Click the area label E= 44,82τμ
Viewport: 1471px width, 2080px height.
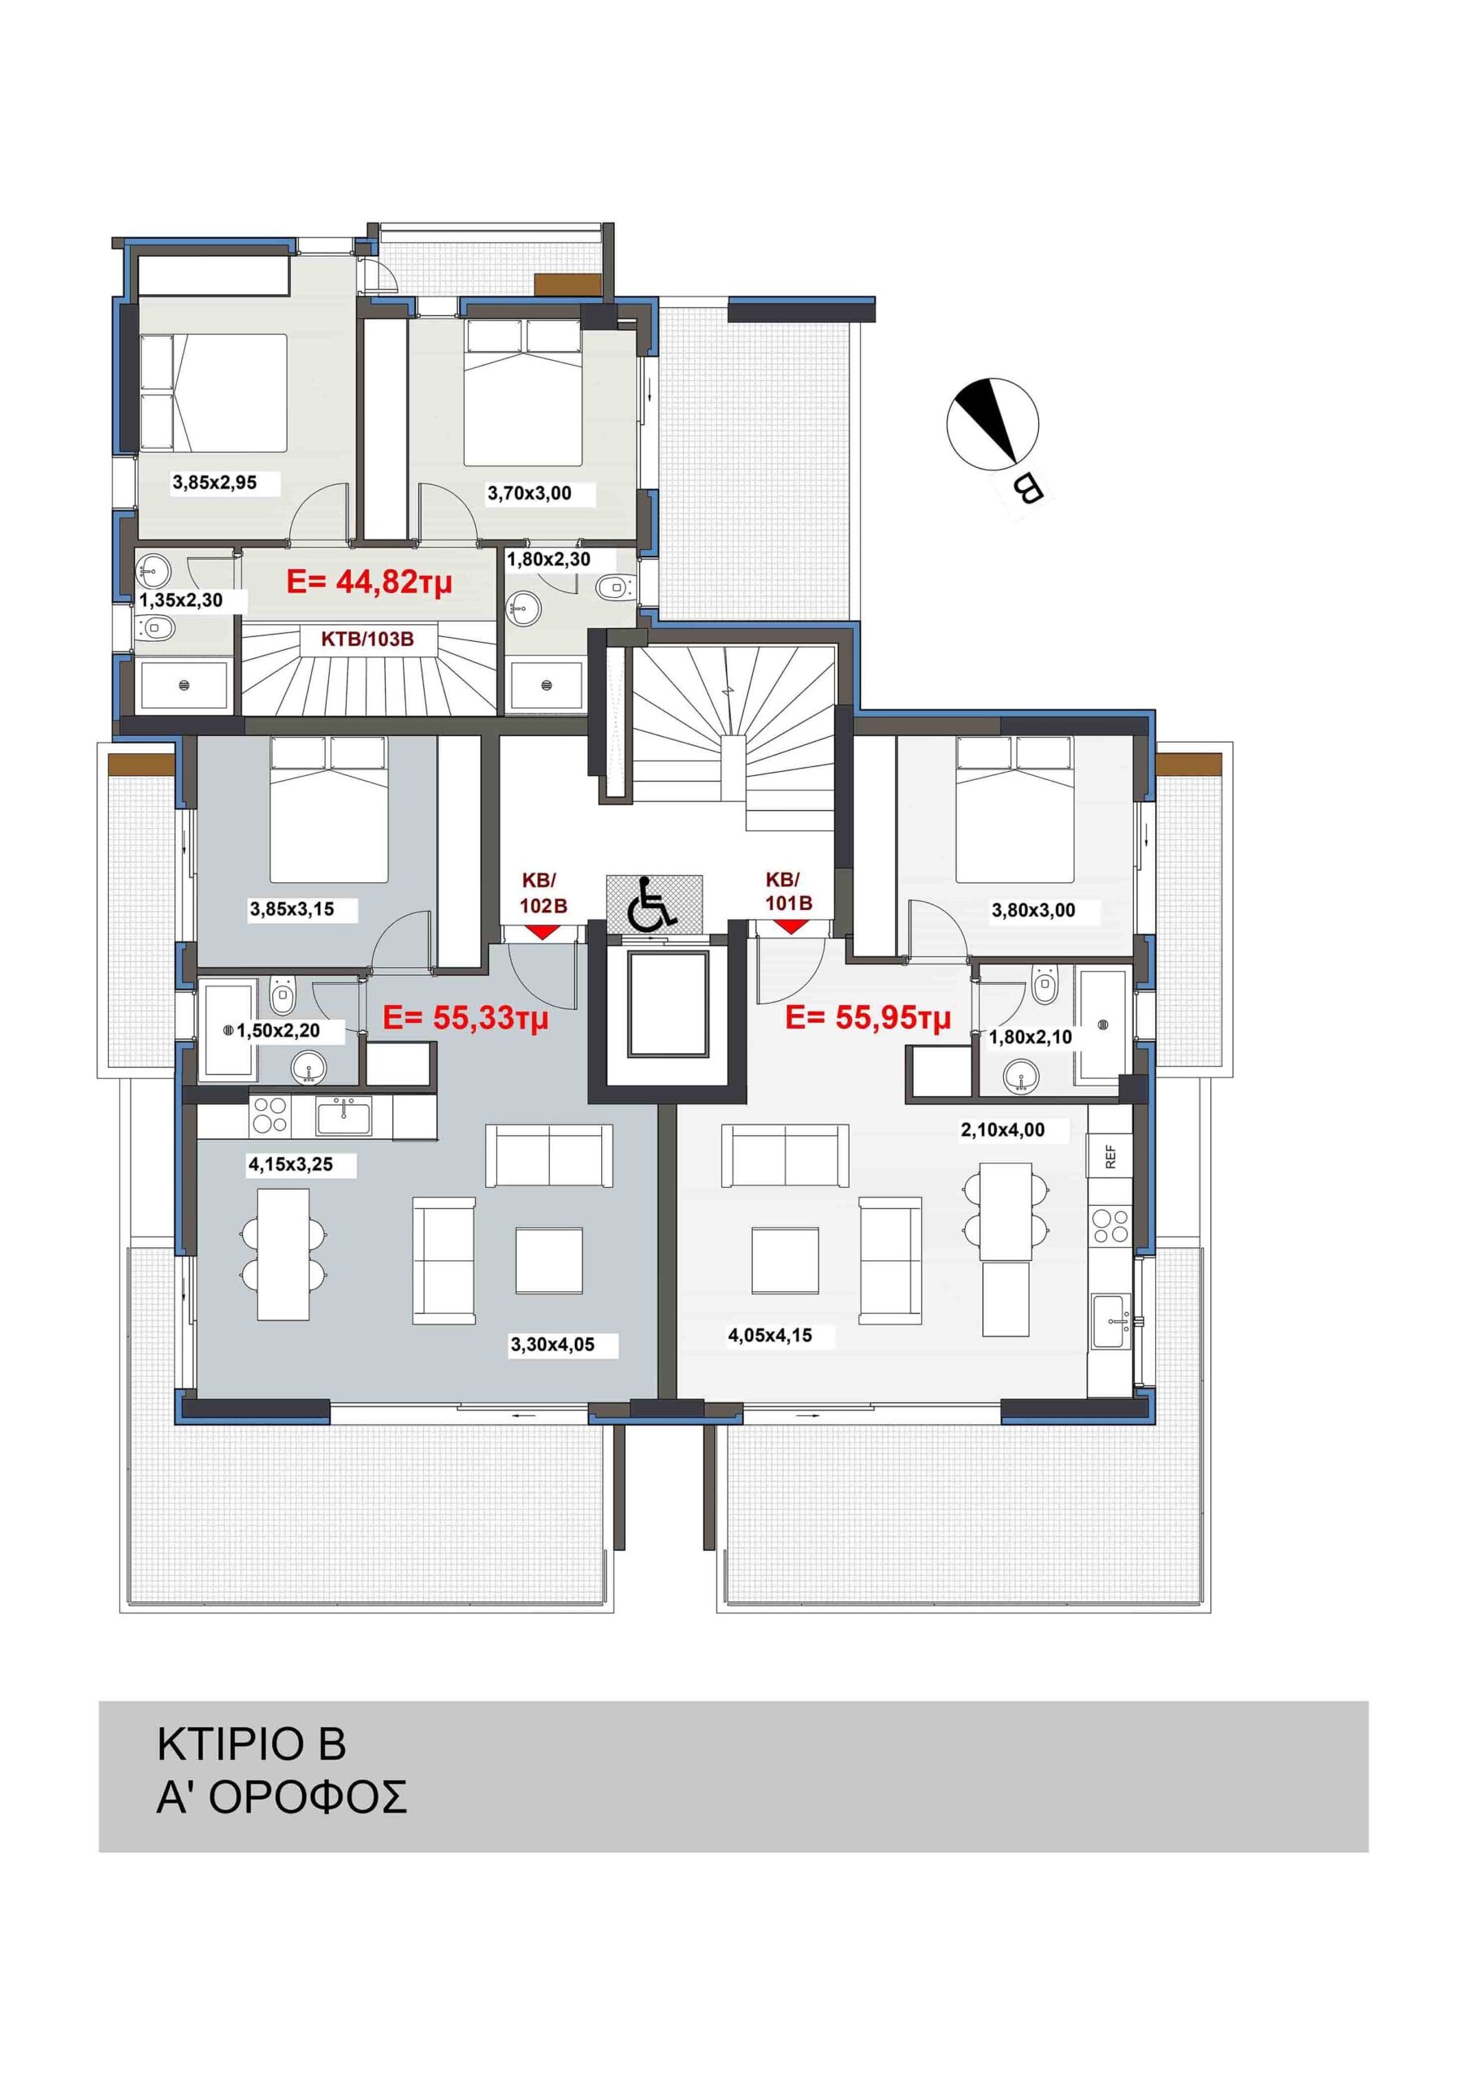point(369,582)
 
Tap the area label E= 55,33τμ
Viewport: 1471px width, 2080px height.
point(465,1018)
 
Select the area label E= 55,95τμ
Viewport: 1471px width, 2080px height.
point(867,1018)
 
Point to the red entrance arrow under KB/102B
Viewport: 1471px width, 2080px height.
point(542,931)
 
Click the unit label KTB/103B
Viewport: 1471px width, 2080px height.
point(368,639)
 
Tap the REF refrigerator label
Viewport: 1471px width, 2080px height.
point(1111,1157)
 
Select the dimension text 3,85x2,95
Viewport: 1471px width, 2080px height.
point(214,483)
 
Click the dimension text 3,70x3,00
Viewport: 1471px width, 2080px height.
point(530,494)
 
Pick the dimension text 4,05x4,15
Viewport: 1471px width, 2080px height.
point(770,1335)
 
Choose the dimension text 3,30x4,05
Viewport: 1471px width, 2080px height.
point(552,1345)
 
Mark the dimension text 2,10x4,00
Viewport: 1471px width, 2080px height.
point(1002,1129)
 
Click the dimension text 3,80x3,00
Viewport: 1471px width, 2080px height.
point(1033,911)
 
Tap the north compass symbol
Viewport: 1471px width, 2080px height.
point(993,423)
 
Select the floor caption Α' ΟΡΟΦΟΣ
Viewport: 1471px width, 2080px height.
point(282,1798)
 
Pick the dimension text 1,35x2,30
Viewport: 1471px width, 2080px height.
point(180,600)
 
